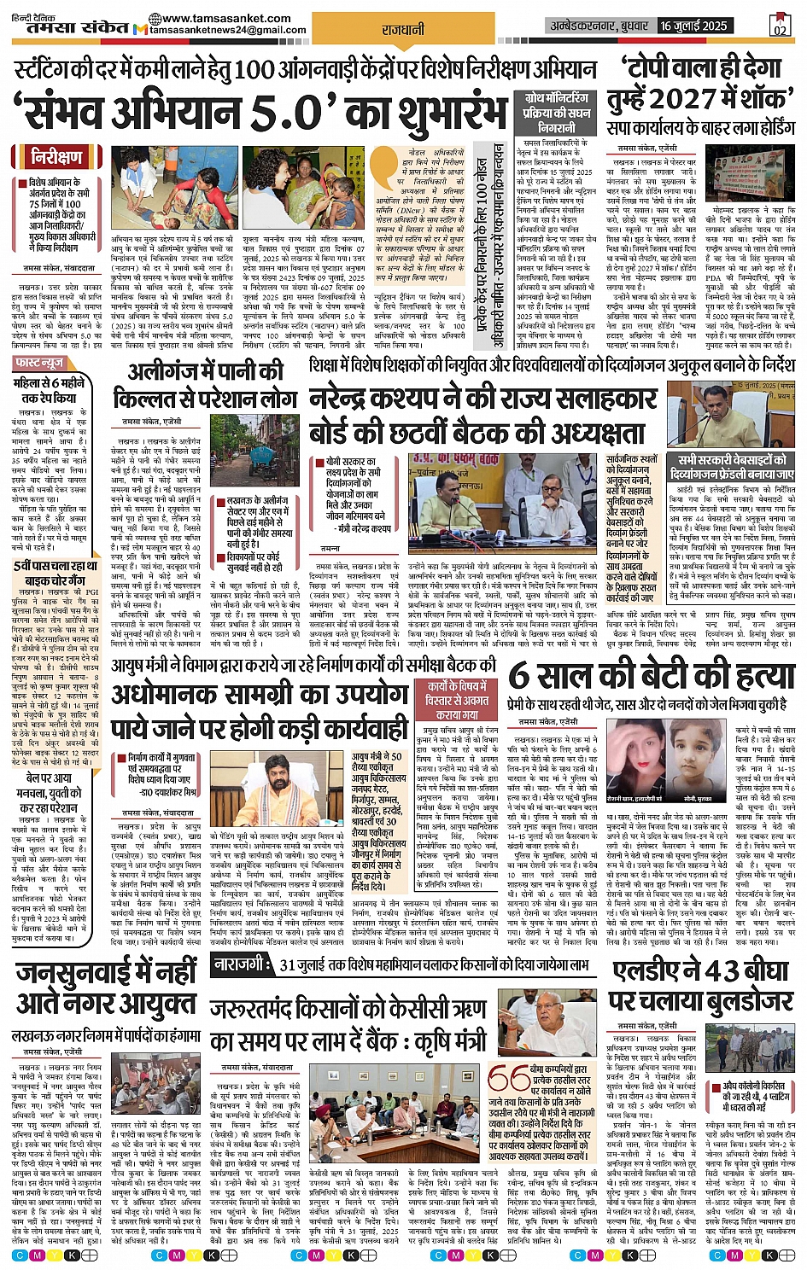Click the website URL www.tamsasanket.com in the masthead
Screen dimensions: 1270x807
[225, 18]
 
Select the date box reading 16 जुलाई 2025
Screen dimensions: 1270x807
[692, 26]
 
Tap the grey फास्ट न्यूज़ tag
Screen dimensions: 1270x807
[40, 364]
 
